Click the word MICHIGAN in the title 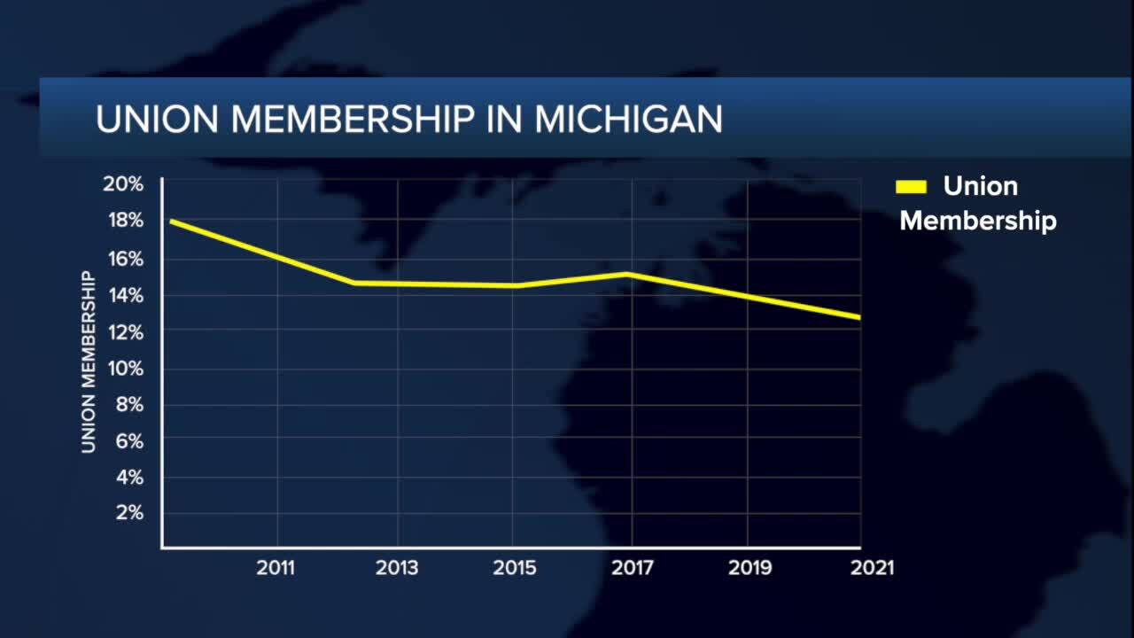(628, 120)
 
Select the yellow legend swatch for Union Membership (911, 186)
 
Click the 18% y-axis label (125, 221)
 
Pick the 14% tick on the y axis (125, 294)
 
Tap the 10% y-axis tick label (125, 368)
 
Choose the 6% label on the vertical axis (128, 440)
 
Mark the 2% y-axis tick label (128, 513)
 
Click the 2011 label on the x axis (276, 568)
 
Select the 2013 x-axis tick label (397, 568)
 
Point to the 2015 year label (515, 568)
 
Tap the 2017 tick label (633, 568)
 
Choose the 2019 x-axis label (750, 568)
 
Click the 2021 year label (872, 568)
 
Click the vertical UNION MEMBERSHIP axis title (89, 362)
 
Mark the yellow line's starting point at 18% (171, 221)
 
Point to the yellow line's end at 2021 (858, 317)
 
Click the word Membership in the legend (978, 220)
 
